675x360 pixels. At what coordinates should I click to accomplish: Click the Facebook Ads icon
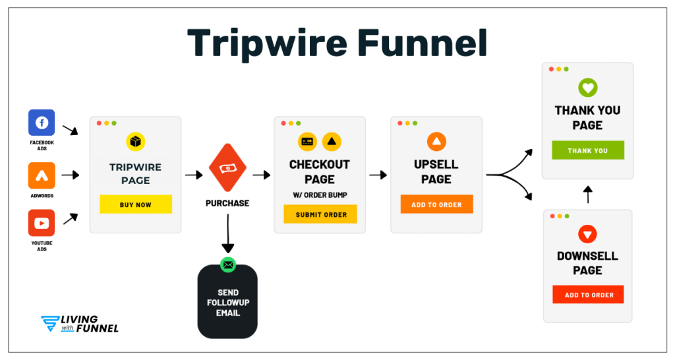coord(42,123)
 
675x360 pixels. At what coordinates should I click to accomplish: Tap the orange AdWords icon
coord(42,175)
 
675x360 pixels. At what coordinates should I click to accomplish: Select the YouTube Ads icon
coord(42,223)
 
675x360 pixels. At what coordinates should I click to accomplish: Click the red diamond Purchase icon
coord(227,169)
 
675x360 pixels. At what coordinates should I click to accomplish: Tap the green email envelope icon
coord(228,264)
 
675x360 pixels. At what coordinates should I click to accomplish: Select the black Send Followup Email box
coord(227,303)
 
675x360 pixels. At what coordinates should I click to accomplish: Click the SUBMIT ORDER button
coord(320,214)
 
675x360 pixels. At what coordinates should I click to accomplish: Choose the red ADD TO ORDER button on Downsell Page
coord(588,295)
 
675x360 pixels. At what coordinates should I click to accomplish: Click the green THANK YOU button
coord(588,150)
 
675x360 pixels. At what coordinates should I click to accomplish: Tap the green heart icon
coord(587,88)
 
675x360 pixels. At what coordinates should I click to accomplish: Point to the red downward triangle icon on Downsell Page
coord(587,233)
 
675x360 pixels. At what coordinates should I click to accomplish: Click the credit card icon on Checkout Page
coord(307,141)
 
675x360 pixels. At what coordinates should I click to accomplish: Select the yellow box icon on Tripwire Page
coord(135,142)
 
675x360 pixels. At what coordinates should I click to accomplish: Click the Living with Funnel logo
coord(79,324)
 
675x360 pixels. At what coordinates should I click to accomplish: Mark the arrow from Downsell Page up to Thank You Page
coord(588,195)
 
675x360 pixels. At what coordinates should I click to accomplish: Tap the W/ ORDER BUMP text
coord(320,195)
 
